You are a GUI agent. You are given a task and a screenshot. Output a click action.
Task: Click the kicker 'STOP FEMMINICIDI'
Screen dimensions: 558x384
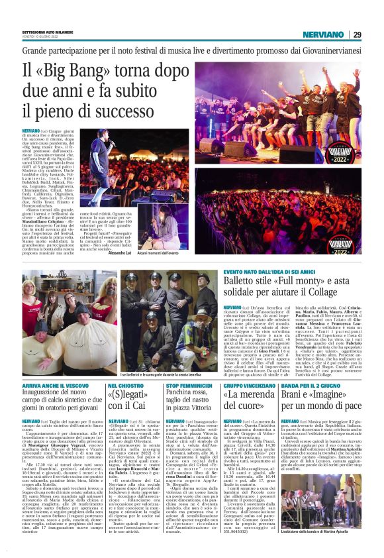(x=190, y=365)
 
